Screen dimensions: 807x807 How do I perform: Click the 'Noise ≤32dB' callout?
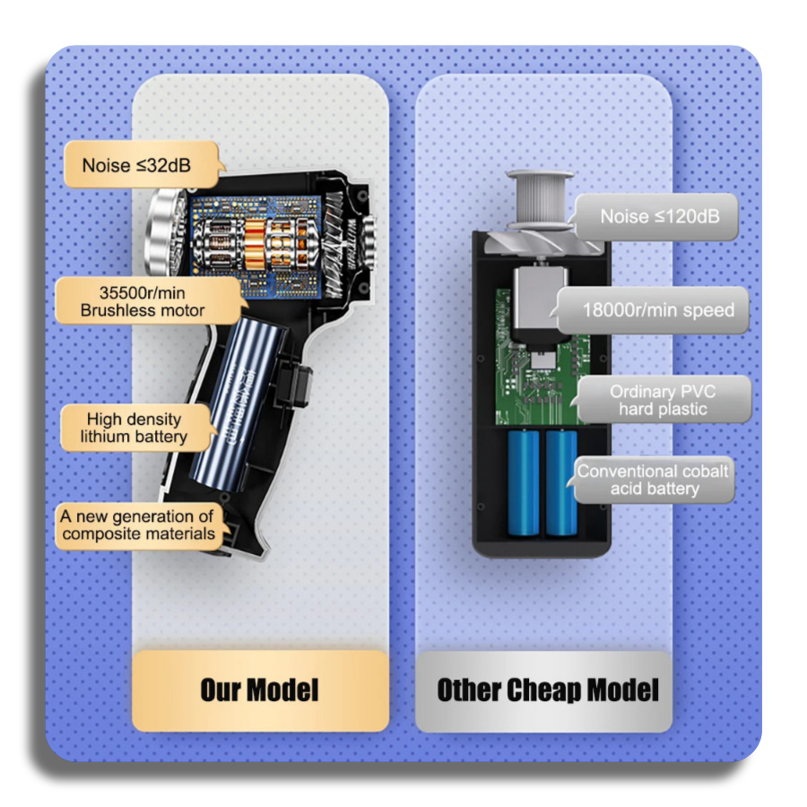pos(143,165)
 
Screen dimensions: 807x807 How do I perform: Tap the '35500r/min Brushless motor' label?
pos(148,301)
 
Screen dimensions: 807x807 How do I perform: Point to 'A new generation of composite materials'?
pos(140,525)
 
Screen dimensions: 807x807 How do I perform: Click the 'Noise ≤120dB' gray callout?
pos(655,217)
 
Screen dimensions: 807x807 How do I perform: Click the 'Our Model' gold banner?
pos(260,690)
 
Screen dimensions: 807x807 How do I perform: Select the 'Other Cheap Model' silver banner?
pos(544,690)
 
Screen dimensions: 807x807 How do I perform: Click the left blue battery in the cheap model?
pos(524,482)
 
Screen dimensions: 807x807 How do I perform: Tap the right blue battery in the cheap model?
pos(561,482)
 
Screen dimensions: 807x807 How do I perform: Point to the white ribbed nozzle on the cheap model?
pos(541,197)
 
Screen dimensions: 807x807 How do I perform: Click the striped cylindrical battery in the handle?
pos(238,403)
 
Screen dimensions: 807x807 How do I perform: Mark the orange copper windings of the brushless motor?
pos(255,243)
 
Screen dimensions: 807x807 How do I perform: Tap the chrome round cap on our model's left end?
pos(165,231)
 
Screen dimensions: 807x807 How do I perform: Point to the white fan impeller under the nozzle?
pos(541,242)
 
